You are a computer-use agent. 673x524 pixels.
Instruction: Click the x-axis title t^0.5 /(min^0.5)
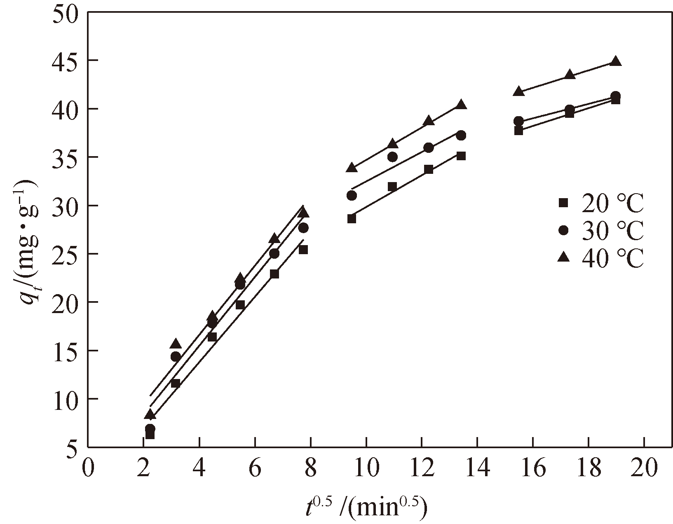pos(365,508)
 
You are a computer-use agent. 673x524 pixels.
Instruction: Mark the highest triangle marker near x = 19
pos(616,61)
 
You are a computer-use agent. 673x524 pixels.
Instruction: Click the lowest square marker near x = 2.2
pos(150,435)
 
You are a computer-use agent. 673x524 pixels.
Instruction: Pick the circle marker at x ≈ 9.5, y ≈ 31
pos(352,195)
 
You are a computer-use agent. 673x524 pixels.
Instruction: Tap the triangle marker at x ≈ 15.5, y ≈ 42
pos(518,91)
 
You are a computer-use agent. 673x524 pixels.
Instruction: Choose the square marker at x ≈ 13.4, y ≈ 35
pos(461,156)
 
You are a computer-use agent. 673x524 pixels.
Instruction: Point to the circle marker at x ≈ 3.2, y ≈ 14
pos(176,356)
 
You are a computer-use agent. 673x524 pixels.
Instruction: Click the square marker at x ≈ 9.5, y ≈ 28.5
pos(352,219)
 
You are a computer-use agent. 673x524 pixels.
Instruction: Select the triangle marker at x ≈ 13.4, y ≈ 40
pos(461,105)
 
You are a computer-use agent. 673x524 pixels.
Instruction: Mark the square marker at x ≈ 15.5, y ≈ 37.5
pos(518,131)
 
